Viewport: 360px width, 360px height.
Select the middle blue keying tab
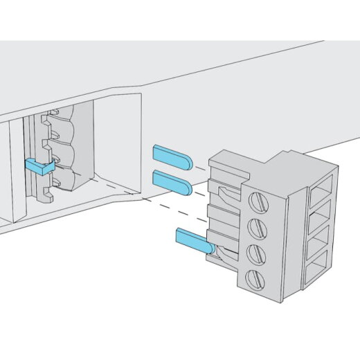point(172,181)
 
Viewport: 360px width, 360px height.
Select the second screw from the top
point(255,227)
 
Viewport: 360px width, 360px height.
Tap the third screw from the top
point(255,252)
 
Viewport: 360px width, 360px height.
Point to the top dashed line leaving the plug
point(201,167)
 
